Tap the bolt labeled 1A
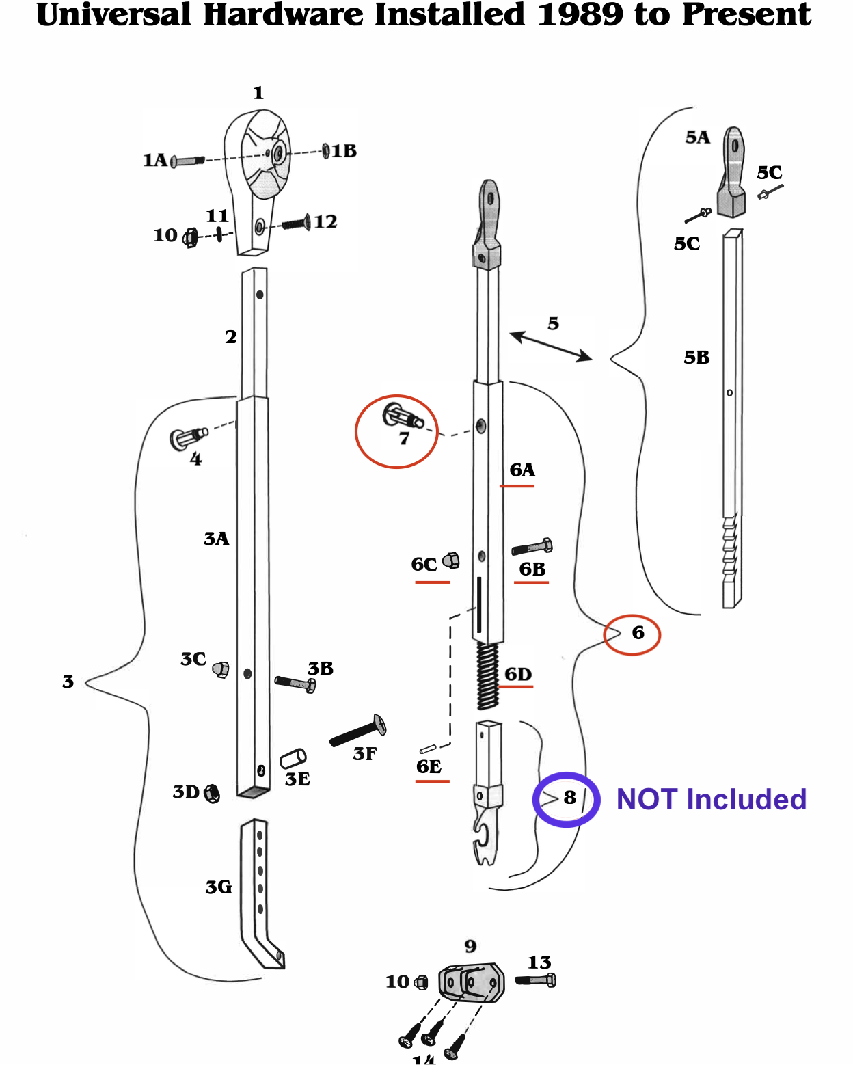187,161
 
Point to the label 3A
216,539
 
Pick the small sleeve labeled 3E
293,758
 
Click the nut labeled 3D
212,794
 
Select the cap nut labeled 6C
451,561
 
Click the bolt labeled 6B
532,547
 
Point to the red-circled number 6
637,633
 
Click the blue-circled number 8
569,798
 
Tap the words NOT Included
711,799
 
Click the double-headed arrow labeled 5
551,346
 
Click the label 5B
696,358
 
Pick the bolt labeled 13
536,980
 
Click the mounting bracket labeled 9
471,982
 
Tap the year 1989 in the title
580,15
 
